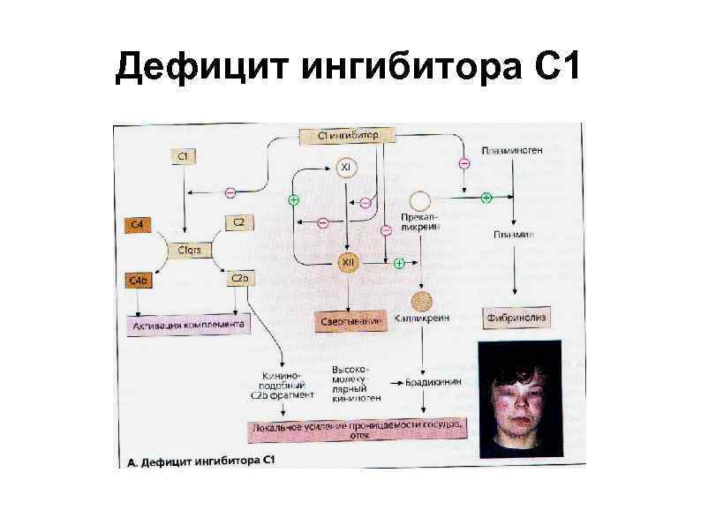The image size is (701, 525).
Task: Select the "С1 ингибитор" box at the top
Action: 347,135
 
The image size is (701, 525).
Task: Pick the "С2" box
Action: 238,221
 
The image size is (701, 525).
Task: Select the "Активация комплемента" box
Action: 188,325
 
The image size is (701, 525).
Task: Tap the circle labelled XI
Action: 347,168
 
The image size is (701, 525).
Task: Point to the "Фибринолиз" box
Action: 515,316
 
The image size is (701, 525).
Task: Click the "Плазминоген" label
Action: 513,151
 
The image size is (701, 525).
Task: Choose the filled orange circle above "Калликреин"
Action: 422,298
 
